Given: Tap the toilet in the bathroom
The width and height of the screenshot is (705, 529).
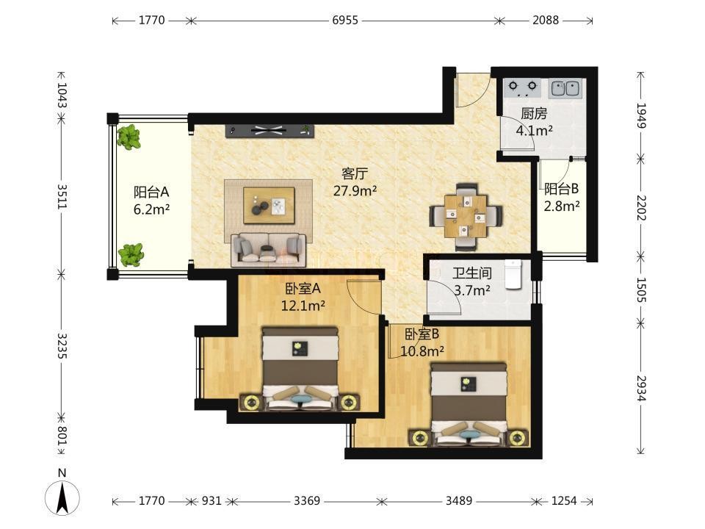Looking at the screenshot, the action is [x=513, y=274].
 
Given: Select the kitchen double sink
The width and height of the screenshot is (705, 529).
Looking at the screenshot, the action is [x=565, y=88].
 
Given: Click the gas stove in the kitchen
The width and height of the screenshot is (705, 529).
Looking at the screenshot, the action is [x=522, y=88].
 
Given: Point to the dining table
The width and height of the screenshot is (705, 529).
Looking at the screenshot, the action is [x=466, y=216].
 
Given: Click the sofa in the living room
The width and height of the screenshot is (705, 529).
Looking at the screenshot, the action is [x=269, y=248].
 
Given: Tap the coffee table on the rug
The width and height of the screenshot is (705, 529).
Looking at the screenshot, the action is [x=269, y=206].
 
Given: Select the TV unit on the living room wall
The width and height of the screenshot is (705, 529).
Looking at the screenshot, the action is [x=270, y=131].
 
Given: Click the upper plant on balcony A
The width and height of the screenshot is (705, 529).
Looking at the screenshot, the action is [x=129, y=137].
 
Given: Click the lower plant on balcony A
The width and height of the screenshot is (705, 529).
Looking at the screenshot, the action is [x=131, y=255].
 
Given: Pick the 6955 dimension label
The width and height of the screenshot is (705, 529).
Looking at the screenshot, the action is [x=345, y=21].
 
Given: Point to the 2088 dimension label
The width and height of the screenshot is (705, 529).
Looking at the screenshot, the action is [x=546, y=21].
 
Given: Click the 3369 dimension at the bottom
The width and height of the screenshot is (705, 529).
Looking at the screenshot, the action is [x=307, y=500].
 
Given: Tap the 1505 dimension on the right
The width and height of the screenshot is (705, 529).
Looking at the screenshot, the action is [x=640, y=289].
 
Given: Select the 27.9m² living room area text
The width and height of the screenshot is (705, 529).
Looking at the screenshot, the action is [x=355, y=191].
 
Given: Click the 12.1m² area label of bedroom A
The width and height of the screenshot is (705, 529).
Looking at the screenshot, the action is [x=303, y=306].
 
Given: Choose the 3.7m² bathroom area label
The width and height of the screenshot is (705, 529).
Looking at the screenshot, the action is [x=471, y=291].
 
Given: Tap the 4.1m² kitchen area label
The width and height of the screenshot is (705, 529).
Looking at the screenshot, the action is [x=534, y=131].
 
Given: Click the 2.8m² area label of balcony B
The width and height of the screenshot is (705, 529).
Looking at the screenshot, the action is [x=562, y=206].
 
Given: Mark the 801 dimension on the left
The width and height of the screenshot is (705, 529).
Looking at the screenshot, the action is [x=62, y=436].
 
